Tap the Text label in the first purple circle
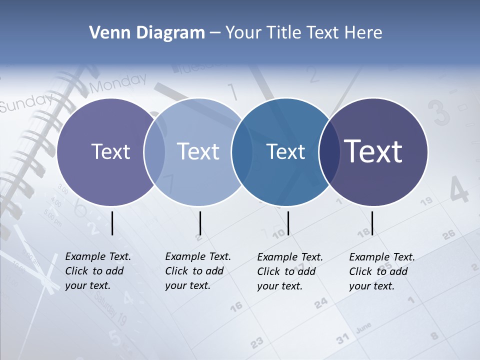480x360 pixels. tap(110, 151)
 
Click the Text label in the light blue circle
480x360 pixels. tap(198, 151)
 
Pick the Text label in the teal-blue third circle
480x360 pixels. tap(285, 151)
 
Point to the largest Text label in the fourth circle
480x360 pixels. tap(373, 151)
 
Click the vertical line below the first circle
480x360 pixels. tap(112, 223)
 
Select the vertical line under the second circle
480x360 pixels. tap(200, 223)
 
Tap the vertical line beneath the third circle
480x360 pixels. tap(288, 223)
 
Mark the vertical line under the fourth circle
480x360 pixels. tap(372, 223)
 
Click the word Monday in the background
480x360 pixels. tap(118, 83)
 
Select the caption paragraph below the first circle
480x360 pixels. tap(98, 271)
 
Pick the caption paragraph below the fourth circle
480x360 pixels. tap(382, 271)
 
